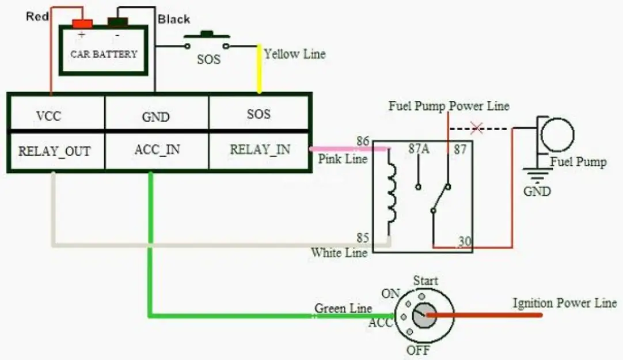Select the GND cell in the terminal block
[155, 117]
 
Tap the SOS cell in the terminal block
[259, 114]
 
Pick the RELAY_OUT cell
[54, 151]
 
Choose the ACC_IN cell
[157, 150]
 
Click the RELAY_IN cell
[260, 150]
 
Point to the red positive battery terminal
[82, 24]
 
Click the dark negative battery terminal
[117, 23]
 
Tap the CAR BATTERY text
[104, 54]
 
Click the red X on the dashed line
[476, 128]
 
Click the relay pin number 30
[465, 242]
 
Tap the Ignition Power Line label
[564, 303]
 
